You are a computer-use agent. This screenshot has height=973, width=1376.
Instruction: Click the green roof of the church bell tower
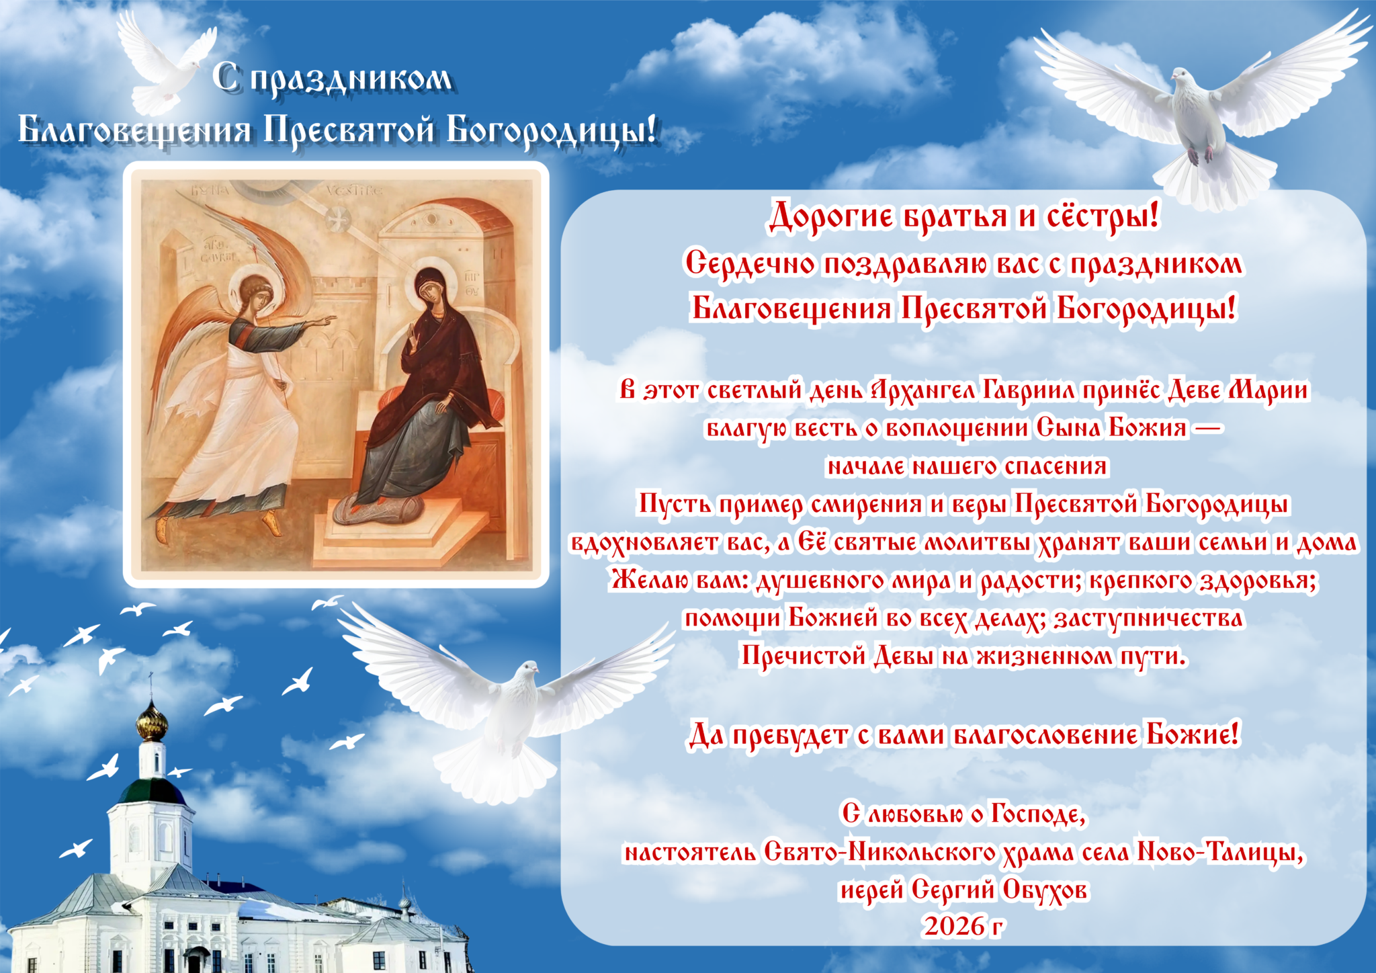(x=152, y=792)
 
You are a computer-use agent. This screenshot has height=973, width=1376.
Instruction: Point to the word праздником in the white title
(x=351, y=79)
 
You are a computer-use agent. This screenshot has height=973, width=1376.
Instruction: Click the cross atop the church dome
(x=151, y=684)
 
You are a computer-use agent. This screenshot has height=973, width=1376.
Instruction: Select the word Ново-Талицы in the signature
(x=1220, y=853)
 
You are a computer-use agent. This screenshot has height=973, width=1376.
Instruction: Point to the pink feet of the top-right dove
(x=1201, y=155)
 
